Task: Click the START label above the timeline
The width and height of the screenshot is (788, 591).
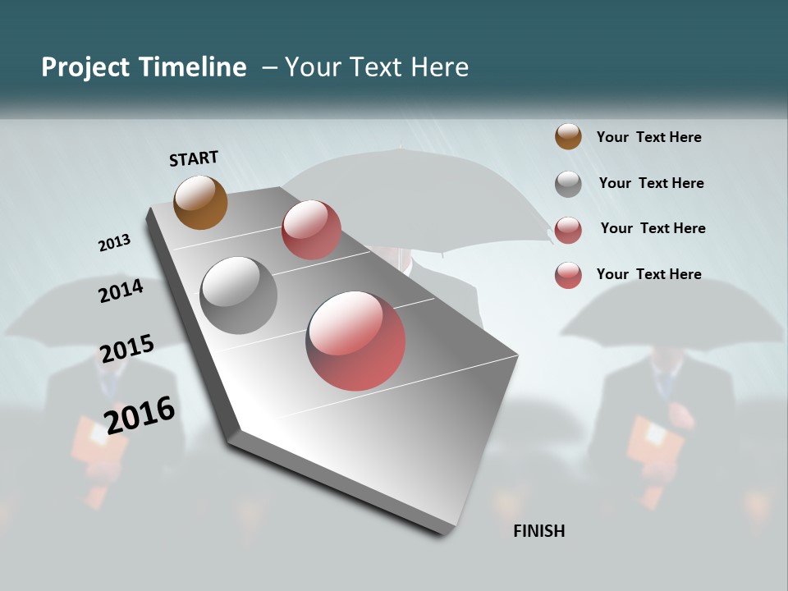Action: click(x=194, y=158)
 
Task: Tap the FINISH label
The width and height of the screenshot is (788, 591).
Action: click(x=538, y=531)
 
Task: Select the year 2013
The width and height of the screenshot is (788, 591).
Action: click(x=114, y=243)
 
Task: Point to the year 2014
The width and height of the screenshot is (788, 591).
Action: click(x=121, y=291)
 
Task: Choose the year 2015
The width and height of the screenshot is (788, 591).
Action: click(x=126, y=349)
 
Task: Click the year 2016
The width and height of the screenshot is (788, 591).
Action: click(x=140, y=415)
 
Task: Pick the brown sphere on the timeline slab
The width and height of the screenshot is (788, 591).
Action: click(x=200, y=202)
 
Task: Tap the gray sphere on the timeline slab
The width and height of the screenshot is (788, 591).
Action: click(x=238, y=295)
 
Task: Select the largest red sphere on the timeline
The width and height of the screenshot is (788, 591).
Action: click(x=355, y=341)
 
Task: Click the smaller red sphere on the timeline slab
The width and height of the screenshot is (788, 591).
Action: click(x=311, y=230)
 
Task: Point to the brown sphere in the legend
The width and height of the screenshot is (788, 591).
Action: click(x=568, y=136)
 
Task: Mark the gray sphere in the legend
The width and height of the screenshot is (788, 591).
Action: click(x=568, y=184)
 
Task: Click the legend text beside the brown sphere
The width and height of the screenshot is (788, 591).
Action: click(x=648, y=137)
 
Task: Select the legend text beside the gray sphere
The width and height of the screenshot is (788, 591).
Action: click(x=651, y=183)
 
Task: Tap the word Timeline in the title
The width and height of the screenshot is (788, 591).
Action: click(x=193, y=67)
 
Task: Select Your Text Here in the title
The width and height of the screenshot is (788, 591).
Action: click(x=376, y=67)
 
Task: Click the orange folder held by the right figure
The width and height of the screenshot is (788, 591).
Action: click(x=655, y=447)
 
